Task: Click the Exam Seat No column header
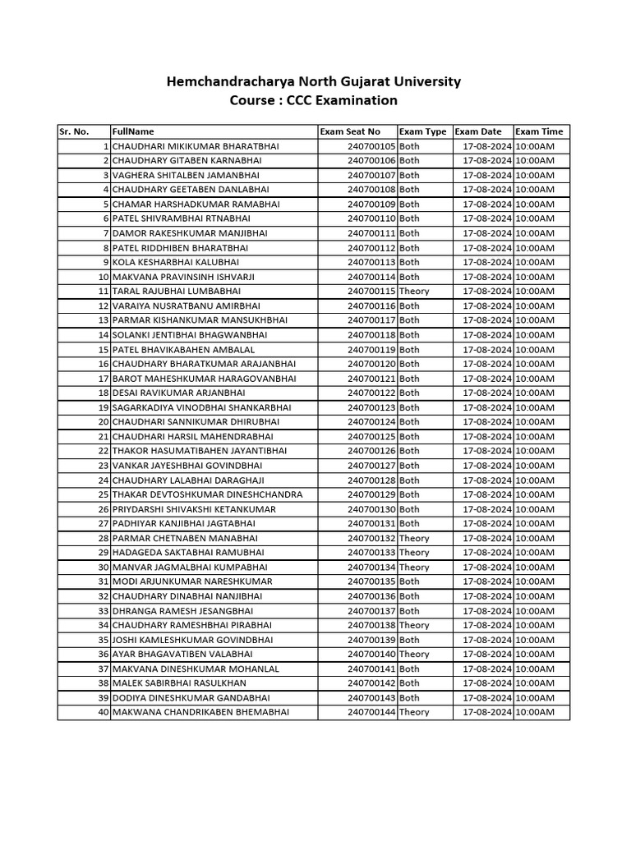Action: click(350, 131)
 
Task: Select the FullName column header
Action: click(133, 131)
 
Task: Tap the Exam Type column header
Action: click(422, 131)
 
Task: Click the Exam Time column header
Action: click(539, 131)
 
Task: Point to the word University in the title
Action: click(425, 81)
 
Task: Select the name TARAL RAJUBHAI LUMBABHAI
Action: click(177, 292)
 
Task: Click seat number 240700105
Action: click(371, 146)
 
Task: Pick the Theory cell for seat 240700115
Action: click(414, 292)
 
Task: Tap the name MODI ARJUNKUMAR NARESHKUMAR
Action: click(192, 581)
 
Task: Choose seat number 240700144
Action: click(371, 712)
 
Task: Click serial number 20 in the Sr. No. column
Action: click(104, 422)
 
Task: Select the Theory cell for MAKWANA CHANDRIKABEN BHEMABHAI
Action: click(414, 712)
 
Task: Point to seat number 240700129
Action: click(371, 494)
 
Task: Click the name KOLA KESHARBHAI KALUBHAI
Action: click(171, 262)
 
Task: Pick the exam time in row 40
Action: click(535, 712)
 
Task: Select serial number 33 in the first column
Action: click(104, 611)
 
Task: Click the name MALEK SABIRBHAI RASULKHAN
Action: click(179, 683)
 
